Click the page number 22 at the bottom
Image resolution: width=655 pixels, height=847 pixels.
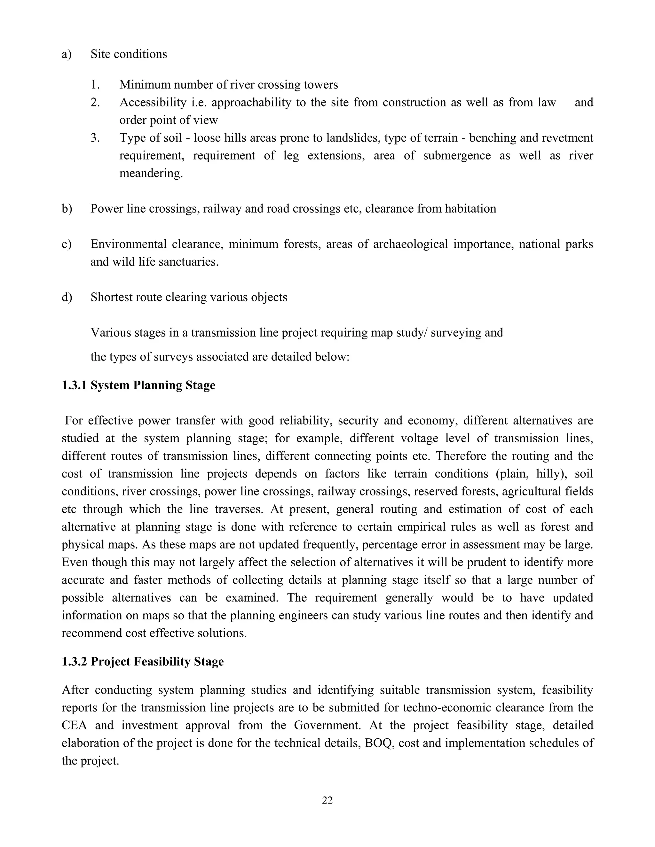[x=327, y=800]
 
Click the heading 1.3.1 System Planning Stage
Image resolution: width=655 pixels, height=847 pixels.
[x=138, y=385]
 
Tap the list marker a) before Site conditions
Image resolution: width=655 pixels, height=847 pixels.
[x=67, y=54]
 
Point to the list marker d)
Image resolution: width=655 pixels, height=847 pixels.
[x=67, y=297]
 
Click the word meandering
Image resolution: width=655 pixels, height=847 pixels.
[x=151, y=173]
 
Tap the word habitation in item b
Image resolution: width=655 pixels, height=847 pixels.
[x=470, y=209]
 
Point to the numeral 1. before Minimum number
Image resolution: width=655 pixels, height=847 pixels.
[x=95, y=85]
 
